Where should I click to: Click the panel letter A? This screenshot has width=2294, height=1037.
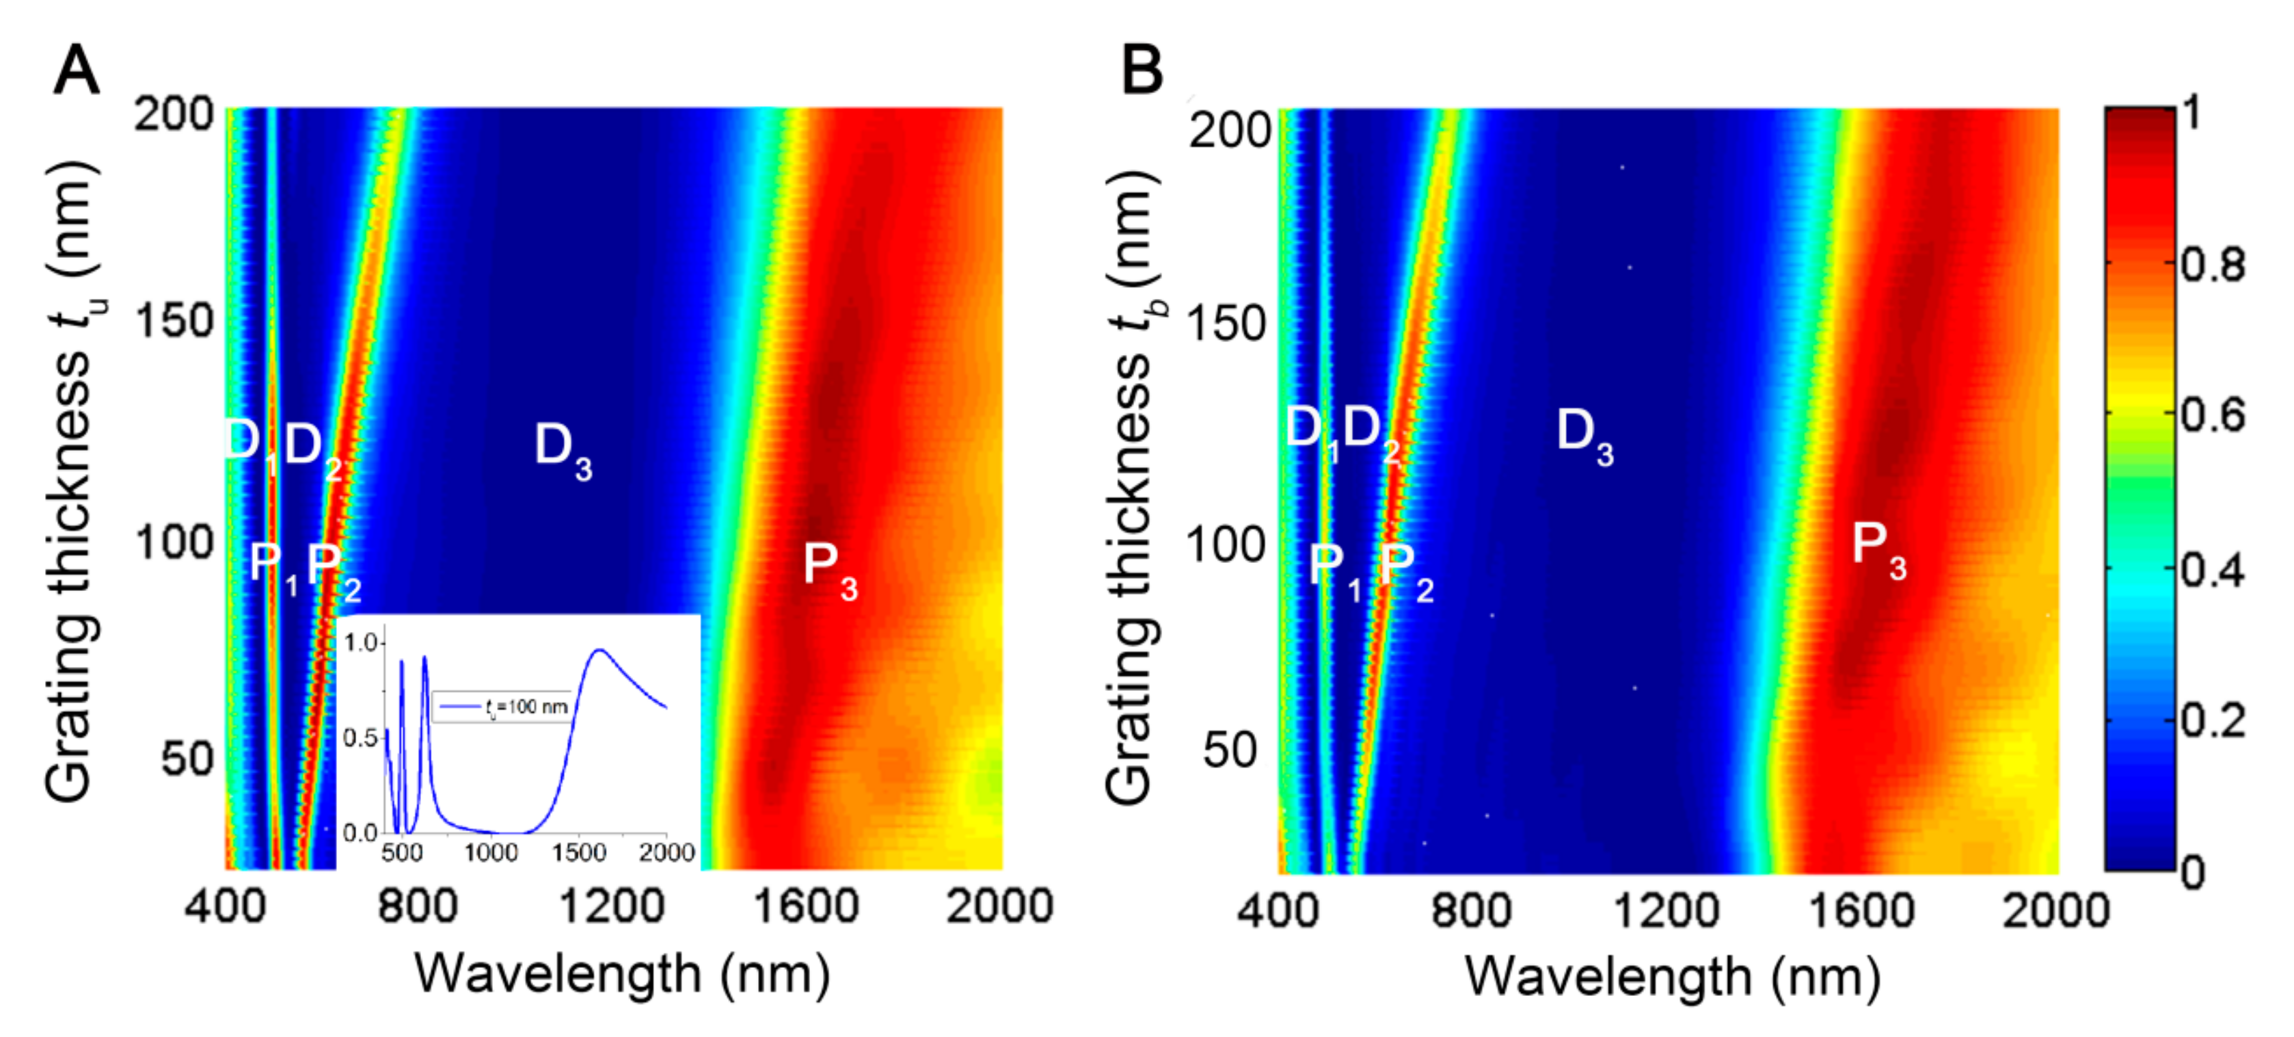point(76,70)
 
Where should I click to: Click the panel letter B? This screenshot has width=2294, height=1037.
point(1142,70)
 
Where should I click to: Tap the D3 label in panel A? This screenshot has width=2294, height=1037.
point(561,450)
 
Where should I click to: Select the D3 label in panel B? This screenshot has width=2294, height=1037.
point(1583,436)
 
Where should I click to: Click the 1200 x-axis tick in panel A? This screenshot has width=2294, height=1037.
point(611,907)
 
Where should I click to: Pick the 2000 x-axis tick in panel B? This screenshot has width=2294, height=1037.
point(2053,910)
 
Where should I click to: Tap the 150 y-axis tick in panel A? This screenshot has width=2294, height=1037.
point(174,321)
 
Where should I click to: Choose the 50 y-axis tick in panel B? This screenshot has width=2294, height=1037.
point(1229,750)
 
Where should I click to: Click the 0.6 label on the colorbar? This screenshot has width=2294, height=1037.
point(2212,415)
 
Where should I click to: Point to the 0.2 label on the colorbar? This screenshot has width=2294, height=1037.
point(2212,720)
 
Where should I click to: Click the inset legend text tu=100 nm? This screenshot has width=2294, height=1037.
point(526,707)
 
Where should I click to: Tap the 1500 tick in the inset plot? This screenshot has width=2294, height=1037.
point(578,852)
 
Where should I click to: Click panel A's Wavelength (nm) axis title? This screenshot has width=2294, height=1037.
point(621,975)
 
